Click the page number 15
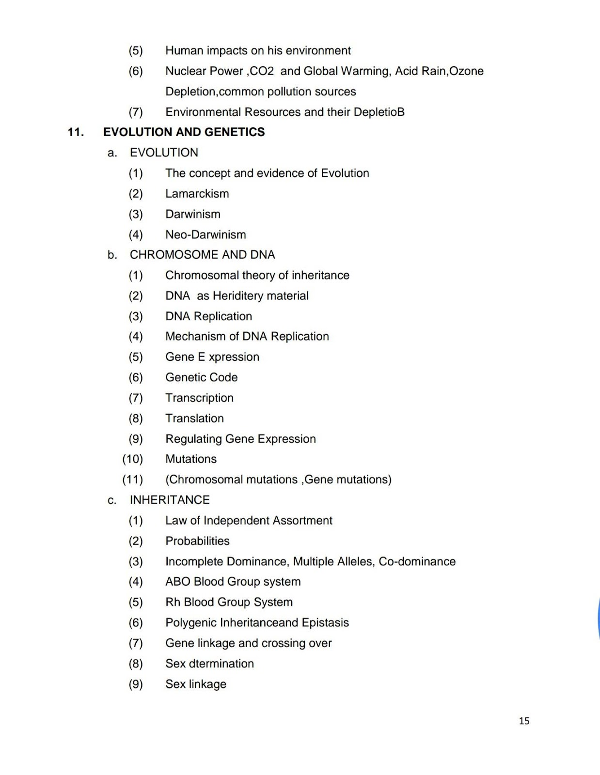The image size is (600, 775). click(x=524, y=721)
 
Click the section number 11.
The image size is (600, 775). click(x=75, y=132)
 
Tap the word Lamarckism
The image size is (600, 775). click(x=197, y=194)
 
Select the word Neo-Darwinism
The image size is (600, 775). click(x=205, y=235)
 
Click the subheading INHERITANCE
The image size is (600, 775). click(x=170, y=500)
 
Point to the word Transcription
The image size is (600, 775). click(x=199, y=398)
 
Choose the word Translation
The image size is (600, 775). click(x=194, y=418)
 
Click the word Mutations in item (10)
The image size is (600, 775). click(x=191, y=459)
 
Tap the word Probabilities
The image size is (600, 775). click(x=197, y=541)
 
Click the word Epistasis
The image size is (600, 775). click(x=325, y=623)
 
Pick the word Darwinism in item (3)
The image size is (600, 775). click(x=192, y=214)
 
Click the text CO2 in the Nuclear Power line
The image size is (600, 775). click(x=262, y=71)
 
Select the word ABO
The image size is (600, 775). click(x=177, y=582)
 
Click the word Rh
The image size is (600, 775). click(x=173, y=602)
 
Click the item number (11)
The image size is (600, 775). click(x=133, y=480)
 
